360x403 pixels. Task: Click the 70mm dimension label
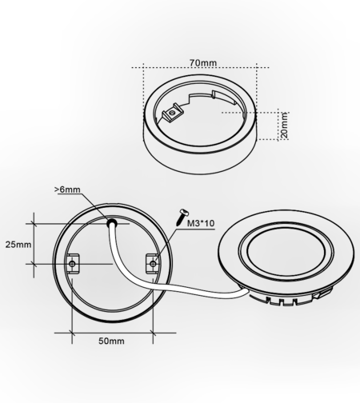[x=203, y=63]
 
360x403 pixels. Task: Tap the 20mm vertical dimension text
[x=285, y=126]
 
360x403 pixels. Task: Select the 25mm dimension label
[x=18, y=245]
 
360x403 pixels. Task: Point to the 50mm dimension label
[x=111, y=341]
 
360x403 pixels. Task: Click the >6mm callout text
[x=67, y=190]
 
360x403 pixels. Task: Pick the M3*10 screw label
[x=201, y=223]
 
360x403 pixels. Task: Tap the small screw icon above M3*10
[x=182, y=217]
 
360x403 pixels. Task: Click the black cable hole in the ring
[x=112, y=223]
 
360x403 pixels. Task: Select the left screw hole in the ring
[x=72, y=264]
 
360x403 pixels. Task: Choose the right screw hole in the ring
[x=153, y=264]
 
